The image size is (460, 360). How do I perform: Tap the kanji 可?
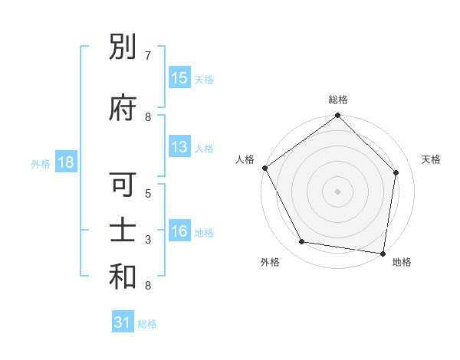pyautogui.click(x=123, y=186)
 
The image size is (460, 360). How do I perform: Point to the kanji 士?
pyautogui.click(x=123, y=233)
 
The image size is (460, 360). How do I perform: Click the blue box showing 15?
pyautogui.click(x=179, y=78)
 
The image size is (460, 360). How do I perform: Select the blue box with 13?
pyautogui.click(x=179, y=148)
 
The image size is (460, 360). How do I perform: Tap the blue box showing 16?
pyautogui.click(x=179, y=232)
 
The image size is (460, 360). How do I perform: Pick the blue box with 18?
pyautogui.click(x=65, y=162)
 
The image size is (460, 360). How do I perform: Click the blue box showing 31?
pyautogui.click(x=123, y=323)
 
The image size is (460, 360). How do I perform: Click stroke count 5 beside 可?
pyautogui.click(x=148, y=193)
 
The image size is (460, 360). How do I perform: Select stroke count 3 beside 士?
pyautogui.click(x=148, y=240)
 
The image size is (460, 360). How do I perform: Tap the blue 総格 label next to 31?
pyautogui.click(x=147, y=324)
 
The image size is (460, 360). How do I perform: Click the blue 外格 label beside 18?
pyautogui.click(x=41, y=163)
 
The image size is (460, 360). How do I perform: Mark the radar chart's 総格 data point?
pyautogui.click(x=337, y=116)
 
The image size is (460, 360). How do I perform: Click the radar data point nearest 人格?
pyautogui.click(x=264, y=168)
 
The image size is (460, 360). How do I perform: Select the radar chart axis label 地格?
pyautogui.click(x=402, y=262)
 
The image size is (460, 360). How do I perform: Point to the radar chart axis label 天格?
pyautogui.click(x=431, y=159)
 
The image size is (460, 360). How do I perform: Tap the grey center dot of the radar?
pyautogui.click(x=337, y=191)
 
